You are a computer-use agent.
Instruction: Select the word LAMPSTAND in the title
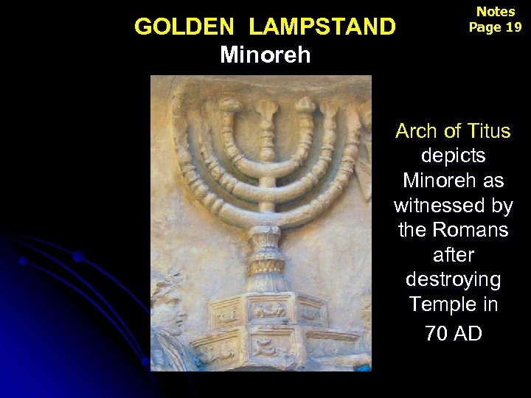pyautogui.click(x=322, y=27)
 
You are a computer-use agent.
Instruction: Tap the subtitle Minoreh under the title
pyautogui.click(x=265, y=55)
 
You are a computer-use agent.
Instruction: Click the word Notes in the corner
pyautogui.click(x=496, y=12)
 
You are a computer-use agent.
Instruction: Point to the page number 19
pyautogui.click(x=513, y=27)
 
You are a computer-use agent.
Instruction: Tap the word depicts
pyautogui.click(x=453, y=156)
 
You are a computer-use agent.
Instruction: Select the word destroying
pyautogui.click(x=453, y=280)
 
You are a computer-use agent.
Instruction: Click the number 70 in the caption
pyautogui.click(x=436, y=333)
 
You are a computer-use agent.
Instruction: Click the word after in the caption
pyautogui.click(x=453, y=255)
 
